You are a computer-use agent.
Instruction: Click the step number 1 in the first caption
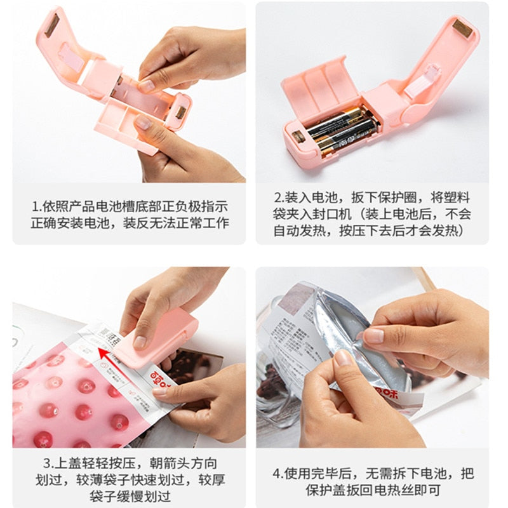(x=36, y=206)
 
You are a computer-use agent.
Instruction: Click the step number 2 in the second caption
(x=278, y=197)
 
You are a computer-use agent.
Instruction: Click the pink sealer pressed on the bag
(x=162, y=337)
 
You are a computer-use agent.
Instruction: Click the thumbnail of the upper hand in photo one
(x=147, y=83)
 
